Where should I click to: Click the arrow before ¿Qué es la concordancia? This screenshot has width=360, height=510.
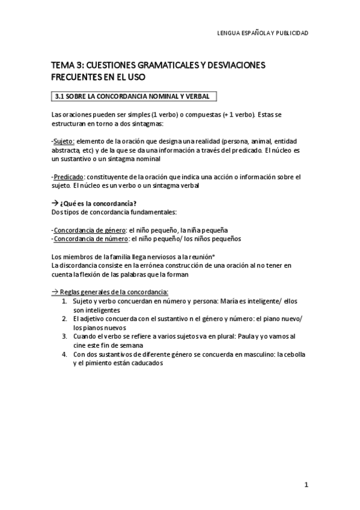(55, 203)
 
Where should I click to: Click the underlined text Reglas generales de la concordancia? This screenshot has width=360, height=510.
(111, 292)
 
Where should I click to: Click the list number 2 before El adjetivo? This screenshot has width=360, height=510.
(64, 318)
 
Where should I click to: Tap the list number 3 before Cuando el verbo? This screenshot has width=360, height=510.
(64, 336)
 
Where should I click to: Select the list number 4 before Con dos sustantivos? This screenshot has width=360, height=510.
(64, 354)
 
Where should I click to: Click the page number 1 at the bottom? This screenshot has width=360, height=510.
(306, 484)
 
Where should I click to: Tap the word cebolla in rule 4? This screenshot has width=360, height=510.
(291, 354)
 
